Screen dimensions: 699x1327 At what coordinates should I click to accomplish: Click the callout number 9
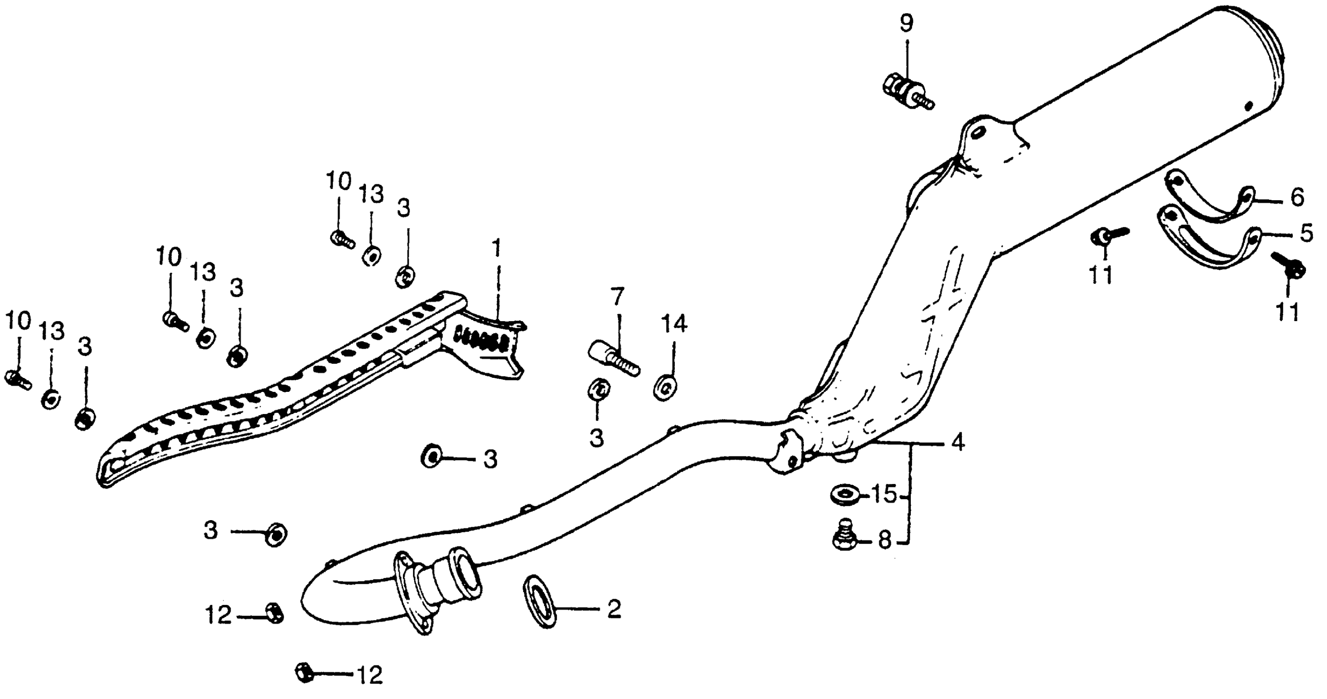click(906, 23)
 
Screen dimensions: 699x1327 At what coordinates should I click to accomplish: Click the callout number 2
click(614, 609)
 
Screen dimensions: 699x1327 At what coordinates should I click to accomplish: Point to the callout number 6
click(1297, 197)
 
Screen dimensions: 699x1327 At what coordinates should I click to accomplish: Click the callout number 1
click(497, 249)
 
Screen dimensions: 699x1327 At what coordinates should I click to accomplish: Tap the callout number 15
click(884, 495)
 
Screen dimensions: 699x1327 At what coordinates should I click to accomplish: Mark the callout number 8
click(885, 541)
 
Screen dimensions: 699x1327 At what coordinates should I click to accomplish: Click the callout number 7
click(617, 297)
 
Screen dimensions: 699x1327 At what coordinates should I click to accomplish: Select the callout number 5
click(1306, 234)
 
